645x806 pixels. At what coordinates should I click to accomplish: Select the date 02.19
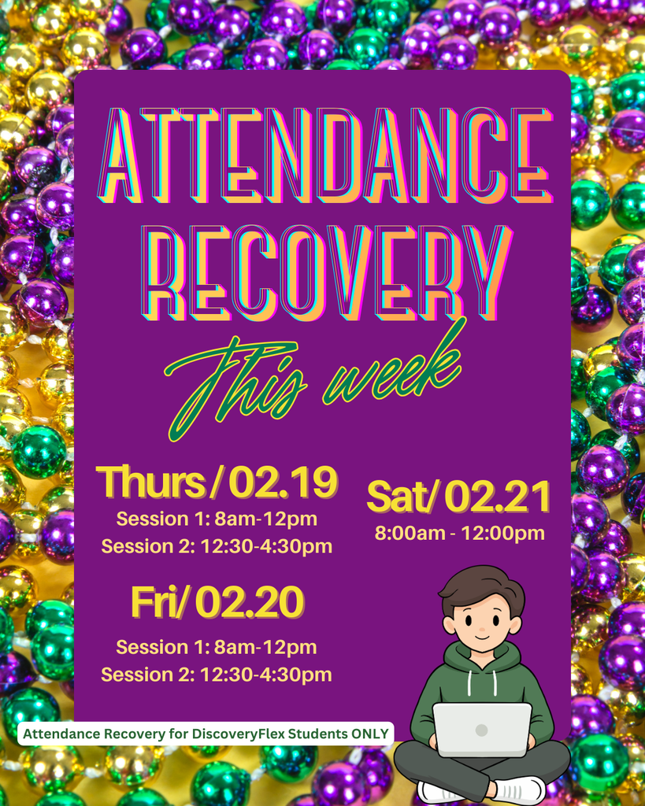[284, 482]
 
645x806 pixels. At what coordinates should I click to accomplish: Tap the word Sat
[398, 497]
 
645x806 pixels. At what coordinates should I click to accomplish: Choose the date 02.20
[250, 603]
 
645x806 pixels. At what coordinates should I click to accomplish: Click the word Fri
[158, 603]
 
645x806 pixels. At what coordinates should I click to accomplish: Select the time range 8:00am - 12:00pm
[460, 534]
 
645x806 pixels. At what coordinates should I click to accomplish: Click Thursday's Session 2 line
[217, 546]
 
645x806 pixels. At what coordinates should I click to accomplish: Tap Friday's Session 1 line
[217, 648]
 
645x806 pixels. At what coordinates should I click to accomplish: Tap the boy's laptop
[481, 729]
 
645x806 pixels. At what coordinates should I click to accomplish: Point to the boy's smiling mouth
[481, 638]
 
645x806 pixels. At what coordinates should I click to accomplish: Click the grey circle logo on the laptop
[481, 730]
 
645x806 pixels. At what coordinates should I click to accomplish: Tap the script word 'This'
[236, 386]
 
